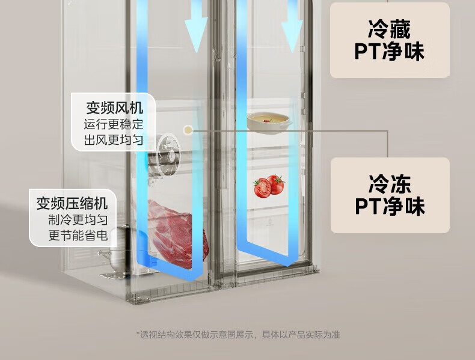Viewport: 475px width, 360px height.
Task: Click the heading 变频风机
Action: tap(114, 108)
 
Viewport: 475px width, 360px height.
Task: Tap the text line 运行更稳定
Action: tap(114, 125)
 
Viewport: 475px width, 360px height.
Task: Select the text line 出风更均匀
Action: tap(114, 141)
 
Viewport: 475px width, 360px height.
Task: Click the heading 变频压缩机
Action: tap(72, 203)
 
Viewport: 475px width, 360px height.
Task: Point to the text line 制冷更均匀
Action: tap(78, 219)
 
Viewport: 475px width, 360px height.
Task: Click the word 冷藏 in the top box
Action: tap(389, 29)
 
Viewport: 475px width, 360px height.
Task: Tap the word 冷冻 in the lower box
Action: tap(389, 183)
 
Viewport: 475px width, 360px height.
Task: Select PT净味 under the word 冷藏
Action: tap(389, 52)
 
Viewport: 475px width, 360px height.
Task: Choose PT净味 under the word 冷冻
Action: tap(389, 206)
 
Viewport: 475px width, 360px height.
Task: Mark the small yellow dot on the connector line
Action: tap(189, 129)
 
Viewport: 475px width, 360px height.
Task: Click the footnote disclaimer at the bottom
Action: tap(238, 335)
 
